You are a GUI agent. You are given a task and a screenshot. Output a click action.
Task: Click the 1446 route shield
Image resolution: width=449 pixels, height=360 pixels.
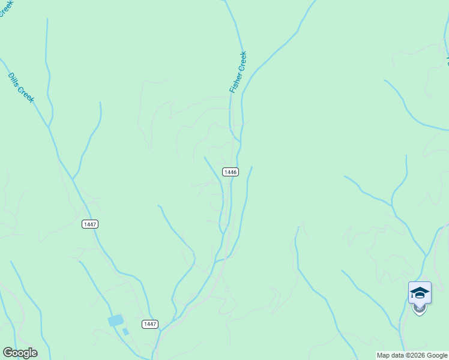click(x=231, y=172)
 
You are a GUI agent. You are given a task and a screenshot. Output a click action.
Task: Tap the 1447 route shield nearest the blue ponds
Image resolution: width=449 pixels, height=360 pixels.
click(x=150, y=324)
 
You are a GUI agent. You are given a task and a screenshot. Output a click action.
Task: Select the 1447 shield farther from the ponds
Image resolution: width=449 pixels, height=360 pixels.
click(x=90, y=224)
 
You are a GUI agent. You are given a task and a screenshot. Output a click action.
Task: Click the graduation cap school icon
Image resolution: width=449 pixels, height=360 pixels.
click(x=420, y=292)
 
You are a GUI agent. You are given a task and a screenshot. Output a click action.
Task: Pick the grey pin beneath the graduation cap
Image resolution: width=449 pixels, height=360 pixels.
click(x=420, y=309)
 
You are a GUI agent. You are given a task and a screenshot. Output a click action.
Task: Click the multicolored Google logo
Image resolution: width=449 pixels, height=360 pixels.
click(x=20, y=353)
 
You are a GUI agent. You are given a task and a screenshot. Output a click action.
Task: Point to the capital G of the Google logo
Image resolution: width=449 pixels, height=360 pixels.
click(x=7, y=353)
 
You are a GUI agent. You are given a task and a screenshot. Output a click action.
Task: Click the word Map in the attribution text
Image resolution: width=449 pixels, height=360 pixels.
click(x=383, y=355)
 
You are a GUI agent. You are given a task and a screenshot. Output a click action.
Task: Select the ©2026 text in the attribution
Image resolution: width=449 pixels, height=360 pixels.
click(x=417, y=355)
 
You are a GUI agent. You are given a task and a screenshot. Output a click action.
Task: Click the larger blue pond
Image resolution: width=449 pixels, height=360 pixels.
click(x=115, y=321)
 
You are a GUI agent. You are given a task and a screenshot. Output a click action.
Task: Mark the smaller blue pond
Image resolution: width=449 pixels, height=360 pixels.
click(x=125, y=331)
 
